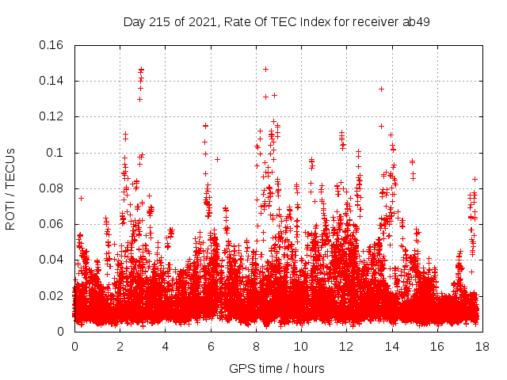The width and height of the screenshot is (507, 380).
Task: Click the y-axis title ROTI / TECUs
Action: coord(10,188)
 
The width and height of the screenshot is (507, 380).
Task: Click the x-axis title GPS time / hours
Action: coord(276,368)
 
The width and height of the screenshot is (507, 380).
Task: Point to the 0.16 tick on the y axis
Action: coord(52,45)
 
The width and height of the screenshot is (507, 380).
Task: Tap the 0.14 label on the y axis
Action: coord(52,81)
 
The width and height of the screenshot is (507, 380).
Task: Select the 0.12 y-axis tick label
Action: coord(52,116)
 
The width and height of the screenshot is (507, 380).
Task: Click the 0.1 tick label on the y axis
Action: coord(58,153)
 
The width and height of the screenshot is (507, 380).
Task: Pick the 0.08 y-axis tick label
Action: coord(52,188)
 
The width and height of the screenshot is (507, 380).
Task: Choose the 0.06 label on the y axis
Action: coord(52,224)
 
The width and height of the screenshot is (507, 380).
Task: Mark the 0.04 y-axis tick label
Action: coord(52,260)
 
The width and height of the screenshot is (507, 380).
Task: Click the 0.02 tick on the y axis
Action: coord(52,296)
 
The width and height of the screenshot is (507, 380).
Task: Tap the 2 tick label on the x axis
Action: coord(120,346)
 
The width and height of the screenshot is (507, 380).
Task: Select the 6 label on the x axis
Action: coord(211,346)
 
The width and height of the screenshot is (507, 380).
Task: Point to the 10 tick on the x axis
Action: coord(301,346)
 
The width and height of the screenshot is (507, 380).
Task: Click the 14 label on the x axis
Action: coord(392,346)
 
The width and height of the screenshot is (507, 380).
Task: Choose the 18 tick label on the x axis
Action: coord(482,346)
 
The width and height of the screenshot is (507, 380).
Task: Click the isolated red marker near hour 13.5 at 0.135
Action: coord(381,89)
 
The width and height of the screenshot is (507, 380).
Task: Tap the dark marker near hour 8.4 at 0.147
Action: coord(265,69)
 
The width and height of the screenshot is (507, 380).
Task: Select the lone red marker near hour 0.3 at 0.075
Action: coord(81,198)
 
